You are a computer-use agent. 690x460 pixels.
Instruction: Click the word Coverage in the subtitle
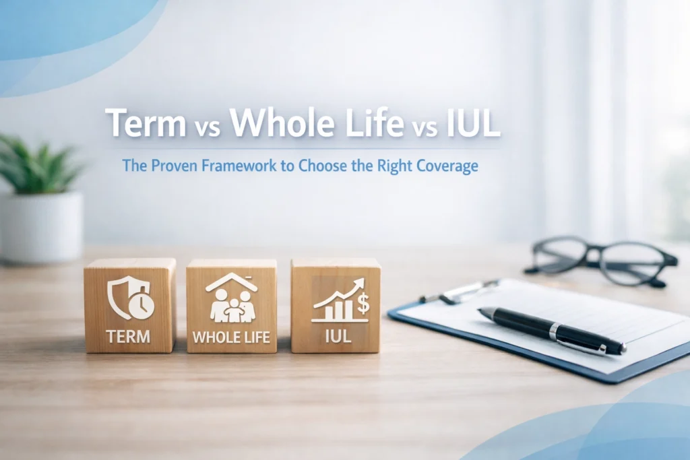pyautogui.click(x=448, y=166)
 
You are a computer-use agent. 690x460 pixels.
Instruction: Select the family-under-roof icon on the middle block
pyautogui.click(x=231, y=298)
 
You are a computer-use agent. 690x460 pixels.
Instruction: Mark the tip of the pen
pyautogui.click(x=623, y=350)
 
